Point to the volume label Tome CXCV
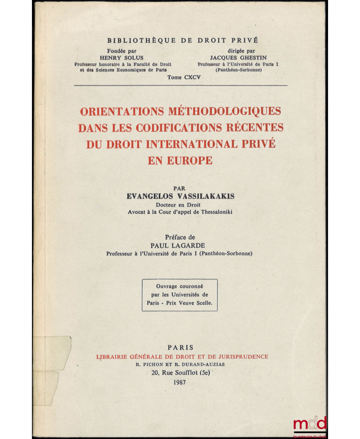[183, 77]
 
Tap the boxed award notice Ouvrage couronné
[180, 295]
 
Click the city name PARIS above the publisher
[180, 347]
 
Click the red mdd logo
[310, 424]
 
